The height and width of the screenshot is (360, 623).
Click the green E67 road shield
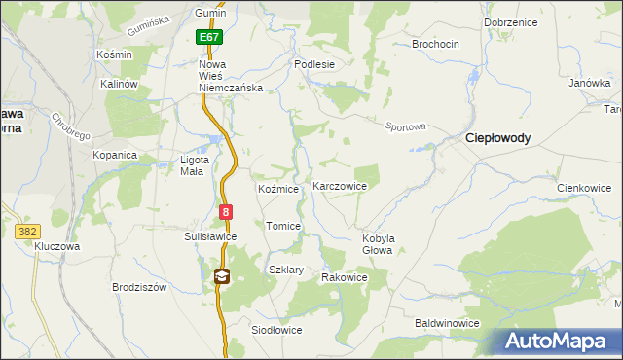coord(208,37)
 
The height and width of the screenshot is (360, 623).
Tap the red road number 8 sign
coord(226,211)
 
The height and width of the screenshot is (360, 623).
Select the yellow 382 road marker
coord(26,231)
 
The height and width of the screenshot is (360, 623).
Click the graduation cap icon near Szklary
coord(222,276)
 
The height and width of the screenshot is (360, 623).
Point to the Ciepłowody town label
coord(498,138)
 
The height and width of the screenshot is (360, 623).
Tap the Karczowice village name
coord(339,186)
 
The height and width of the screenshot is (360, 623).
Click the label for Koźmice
coord(277,189)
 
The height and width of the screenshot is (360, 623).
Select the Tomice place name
coord(283,226)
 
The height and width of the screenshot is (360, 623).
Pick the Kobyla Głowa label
coord(377,243)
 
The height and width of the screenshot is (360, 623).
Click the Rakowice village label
coord(345,277)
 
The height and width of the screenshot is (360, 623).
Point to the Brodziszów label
coord(140,288)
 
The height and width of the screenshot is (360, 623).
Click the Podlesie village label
coord(314,64)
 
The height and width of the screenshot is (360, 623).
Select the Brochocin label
coord(435,45)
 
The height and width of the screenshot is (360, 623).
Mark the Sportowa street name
coord(406,126)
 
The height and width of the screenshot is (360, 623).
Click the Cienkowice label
coord(583,188)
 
